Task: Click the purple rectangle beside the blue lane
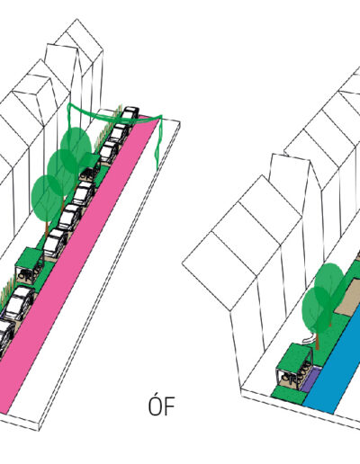310,379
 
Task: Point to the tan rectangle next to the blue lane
348,297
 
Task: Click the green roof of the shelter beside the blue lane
293,358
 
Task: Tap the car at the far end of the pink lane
130,114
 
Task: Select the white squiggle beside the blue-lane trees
309,337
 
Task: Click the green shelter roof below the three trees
29,258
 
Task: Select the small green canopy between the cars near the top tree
90,159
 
